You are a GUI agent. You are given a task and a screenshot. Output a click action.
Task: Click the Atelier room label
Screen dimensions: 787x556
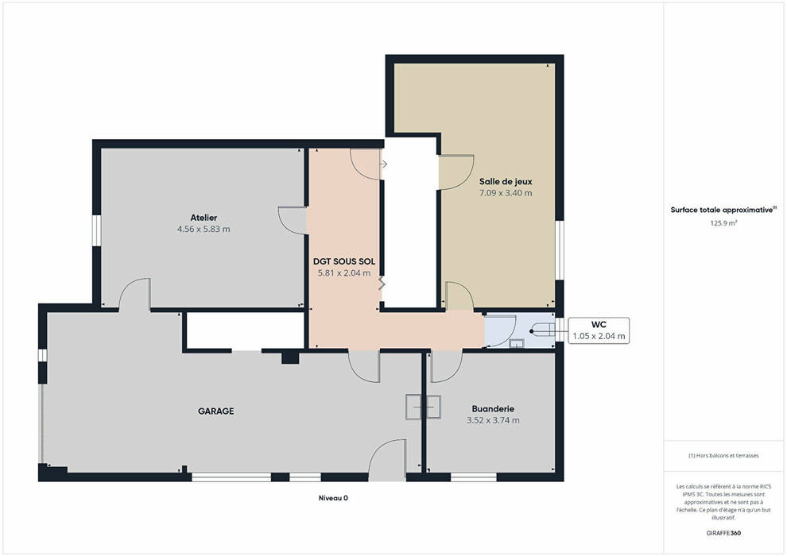[x=204, y=218]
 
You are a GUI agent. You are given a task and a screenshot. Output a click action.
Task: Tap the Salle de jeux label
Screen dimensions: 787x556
[x=506, y=181]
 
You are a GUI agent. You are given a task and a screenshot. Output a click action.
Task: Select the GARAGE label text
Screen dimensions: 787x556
[x=215, y=411]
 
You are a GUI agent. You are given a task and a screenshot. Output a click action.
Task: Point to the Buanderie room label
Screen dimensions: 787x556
[x=493, y=409]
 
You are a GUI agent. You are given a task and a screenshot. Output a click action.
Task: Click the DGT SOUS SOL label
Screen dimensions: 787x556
[x=343, y=261]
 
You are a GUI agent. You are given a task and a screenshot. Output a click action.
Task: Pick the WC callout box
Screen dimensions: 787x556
[x=599, y=330]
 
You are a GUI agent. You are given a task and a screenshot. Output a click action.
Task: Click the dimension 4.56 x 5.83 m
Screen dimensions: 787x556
[x=204, y=229]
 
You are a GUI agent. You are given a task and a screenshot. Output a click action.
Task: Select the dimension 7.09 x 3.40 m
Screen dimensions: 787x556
[x=506, y=193]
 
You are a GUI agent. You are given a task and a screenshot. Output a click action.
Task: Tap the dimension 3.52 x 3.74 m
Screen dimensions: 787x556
[x=493, y=421]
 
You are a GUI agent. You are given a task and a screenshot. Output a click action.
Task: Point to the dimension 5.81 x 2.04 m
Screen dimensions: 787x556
[x=343, y=273]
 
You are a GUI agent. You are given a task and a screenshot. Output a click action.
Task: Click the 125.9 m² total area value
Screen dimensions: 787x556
[x=723, y=223]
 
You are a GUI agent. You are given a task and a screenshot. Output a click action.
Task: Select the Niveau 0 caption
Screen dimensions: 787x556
[x=333, y=498]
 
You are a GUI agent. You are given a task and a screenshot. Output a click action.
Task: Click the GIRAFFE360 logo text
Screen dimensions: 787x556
[x=723, y=533]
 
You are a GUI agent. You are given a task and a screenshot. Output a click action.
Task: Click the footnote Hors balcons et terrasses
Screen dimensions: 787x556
[x=723, y=456]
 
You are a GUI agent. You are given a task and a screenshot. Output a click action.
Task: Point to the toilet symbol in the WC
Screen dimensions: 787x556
[x=542, y=331]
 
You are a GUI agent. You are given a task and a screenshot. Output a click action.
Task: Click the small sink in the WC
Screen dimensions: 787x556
[x=517, y=343]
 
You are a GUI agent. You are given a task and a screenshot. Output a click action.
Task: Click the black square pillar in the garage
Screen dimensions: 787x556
[x=290, y=357]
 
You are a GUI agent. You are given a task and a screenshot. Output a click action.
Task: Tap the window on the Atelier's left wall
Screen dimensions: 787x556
[x=97, y=230]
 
